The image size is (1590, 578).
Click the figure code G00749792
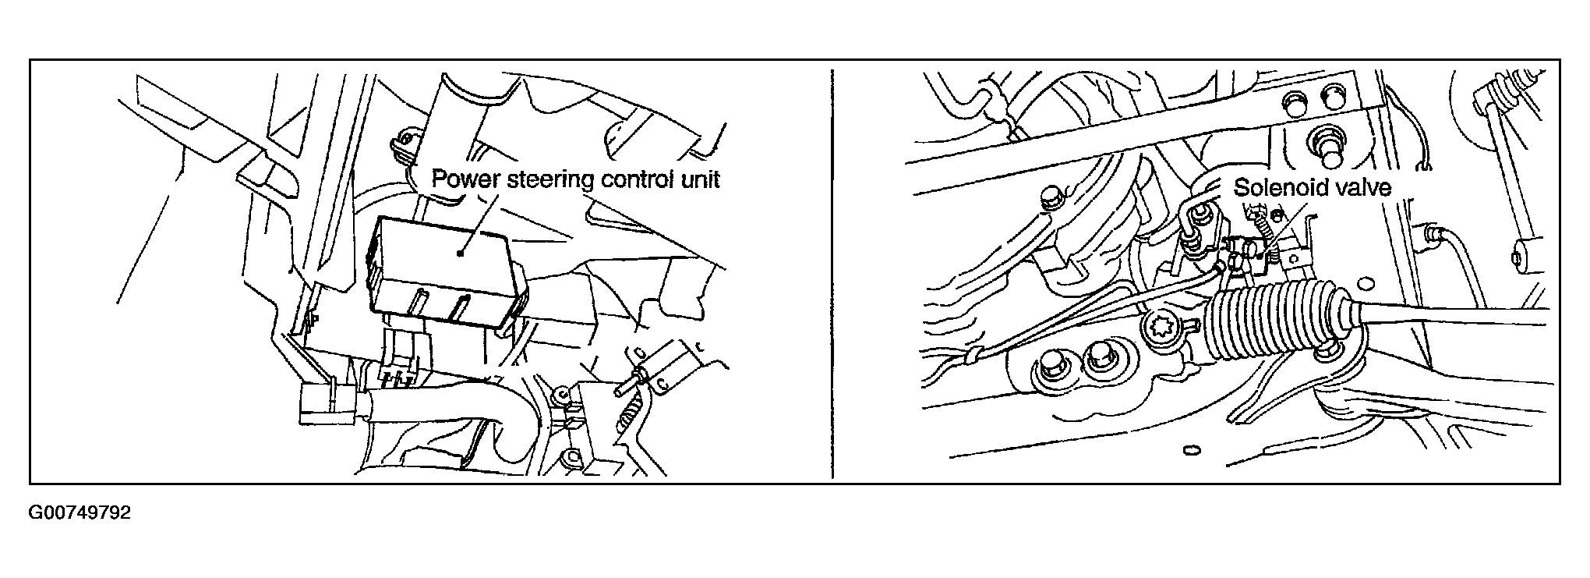click(x=80, y=513)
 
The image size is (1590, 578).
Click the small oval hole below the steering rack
click(x=1190, y=450)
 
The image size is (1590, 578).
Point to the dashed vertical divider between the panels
click(x=833, y=272)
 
